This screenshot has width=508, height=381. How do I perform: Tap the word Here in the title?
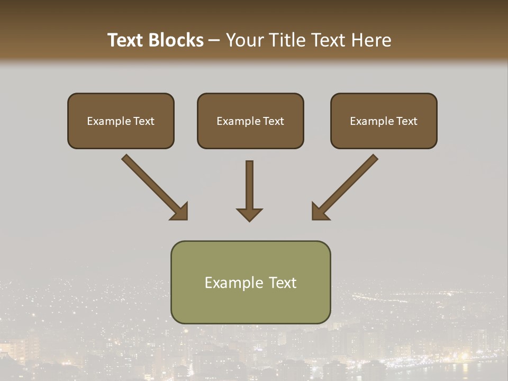point(372,40)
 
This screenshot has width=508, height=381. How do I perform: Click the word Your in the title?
point(244,40)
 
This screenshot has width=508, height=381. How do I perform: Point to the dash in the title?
point(215,41)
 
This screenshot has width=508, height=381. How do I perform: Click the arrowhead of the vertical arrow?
point(249,214)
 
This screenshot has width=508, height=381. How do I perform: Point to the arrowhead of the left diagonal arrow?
point(180,212)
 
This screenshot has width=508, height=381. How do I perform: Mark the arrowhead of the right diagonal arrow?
point(319,212)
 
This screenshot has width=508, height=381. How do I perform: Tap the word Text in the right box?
point(407,121)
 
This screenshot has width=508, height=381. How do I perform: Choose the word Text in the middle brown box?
point(274,121)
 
